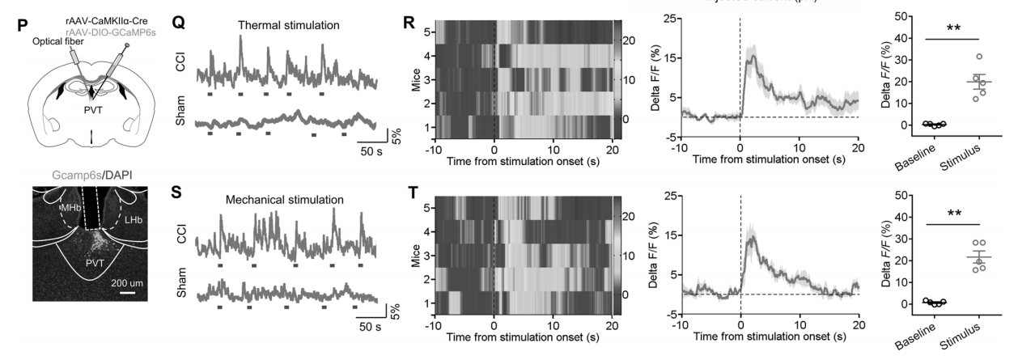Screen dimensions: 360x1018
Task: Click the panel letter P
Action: click(23, 23)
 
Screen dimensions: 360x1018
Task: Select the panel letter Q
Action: click(180, 23)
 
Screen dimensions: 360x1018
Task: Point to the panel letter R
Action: click(409, 23)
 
